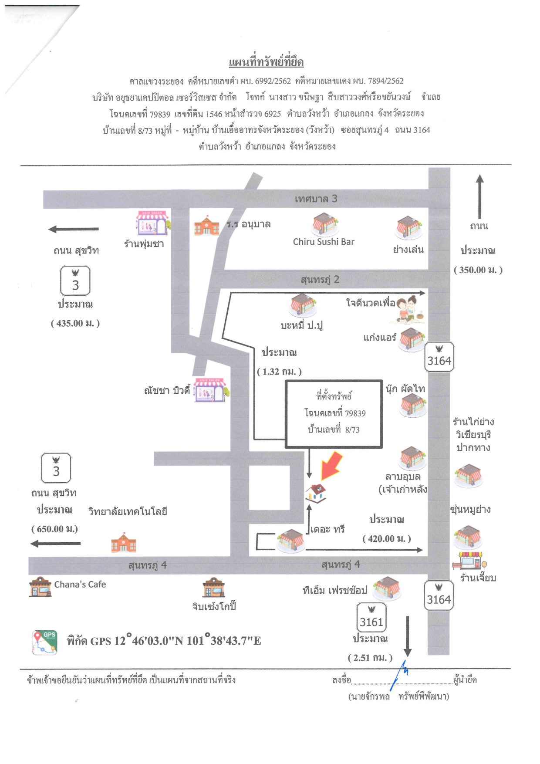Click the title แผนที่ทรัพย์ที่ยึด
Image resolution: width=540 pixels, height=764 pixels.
(266, 62)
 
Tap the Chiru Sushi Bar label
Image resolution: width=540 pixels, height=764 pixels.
(324, 242)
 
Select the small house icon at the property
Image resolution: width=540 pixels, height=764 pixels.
(316, 494)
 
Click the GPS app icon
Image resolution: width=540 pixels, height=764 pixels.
(44, 642)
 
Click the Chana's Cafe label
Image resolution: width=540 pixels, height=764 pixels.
(80, 585)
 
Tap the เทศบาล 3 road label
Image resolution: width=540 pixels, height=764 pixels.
(316, 199)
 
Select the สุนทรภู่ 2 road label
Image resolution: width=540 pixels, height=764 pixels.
(320, 280)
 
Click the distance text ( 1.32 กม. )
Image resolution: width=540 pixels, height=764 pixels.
(279, 372)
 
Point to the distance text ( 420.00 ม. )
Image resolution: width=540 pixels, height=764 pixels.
(387, 539)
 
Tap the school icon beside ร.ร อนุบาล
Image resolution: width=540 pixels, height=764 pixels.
(207, 225)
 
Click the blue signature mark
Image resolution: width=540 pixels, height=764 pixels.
(399, 674)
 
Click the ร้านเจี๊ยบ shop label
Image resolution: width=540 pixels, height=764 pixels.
(478, 578)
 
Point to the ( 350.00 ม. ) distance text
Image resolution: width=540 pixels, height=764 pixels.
(478, 270)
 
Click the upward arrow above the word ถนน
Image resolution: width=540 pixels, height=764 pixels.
(479, 196)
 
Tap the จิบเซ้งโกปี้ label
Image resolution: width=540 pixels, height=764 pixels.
(214, 606)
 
